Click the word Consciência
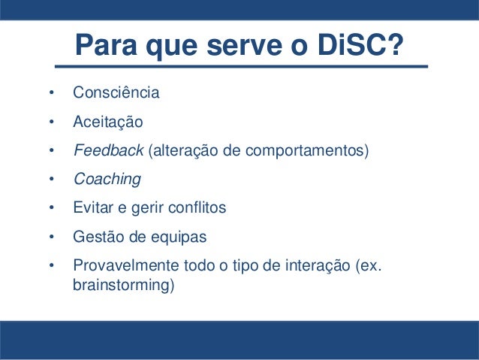[116, 94]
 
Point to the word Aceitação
[107, 122]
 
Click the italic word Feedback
[108, 150]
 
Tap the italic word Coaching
[107, 179]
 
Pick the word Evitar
[91, 207]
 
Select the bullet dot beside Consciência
[51, 95]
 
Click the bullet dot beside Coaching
[51, 180]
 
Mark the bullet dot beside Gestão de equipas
[51, 237]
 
